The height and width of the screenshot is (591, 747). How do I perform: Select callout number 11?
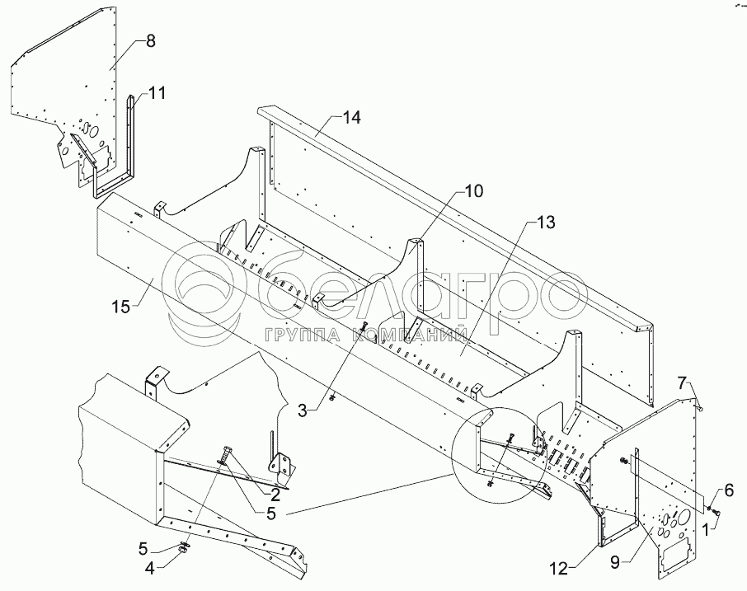[x=157, y=93]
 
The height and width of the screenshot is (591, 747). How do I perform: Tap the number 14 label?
[x=352, y=119]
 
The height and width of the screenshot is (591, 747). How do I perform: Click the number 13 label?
[x=545, y=223]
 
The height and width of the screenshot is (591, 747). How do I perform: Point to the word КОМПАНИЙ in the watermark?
[x=413, y=335]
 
